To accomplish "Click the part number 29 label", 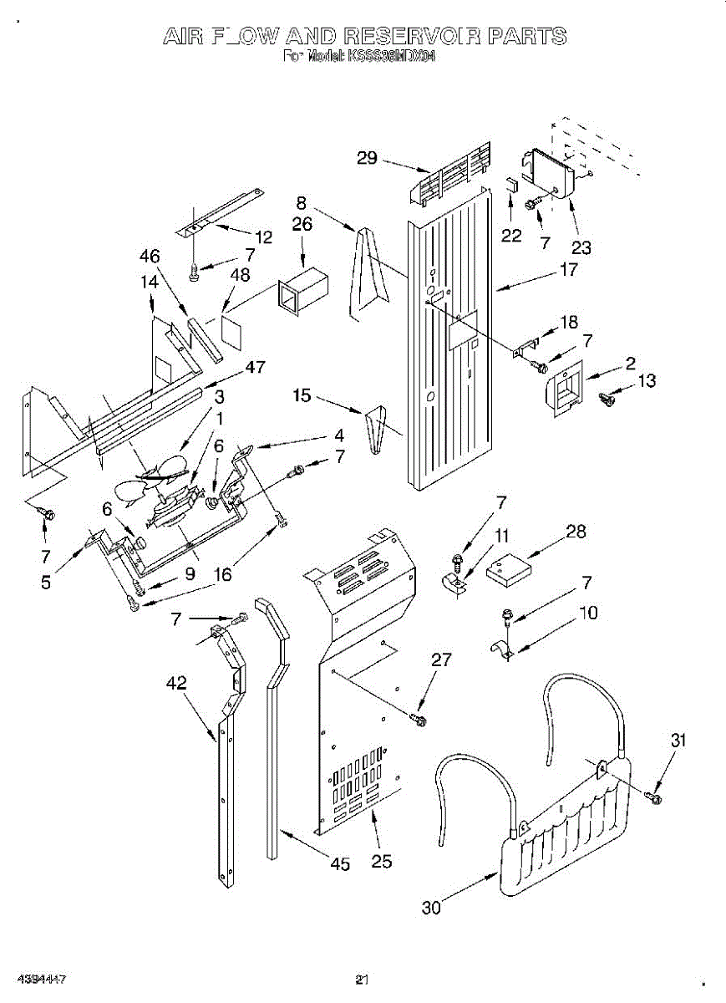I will (x=368, y=159).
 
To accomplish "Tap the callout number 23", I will (x=581, y=247).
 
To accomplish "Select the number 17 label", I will (x=568, y=270).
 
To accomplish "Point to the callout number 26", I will (x=302, y=224).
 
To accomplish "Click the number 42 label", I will (x=175, y=683).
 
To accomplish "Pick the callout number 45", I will (x=340, y=864).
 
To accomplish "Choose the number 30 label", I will (x=431, y=907).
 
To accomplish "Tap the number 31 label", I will (x=679, y=739).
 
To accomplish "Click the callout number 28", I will (x=576, y=531).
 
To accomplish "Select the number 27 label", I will (x=442, y=659).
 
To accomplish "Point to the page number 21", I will (x=362, y=980).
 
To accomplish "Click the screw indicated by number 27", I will (x=419, y=718).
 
